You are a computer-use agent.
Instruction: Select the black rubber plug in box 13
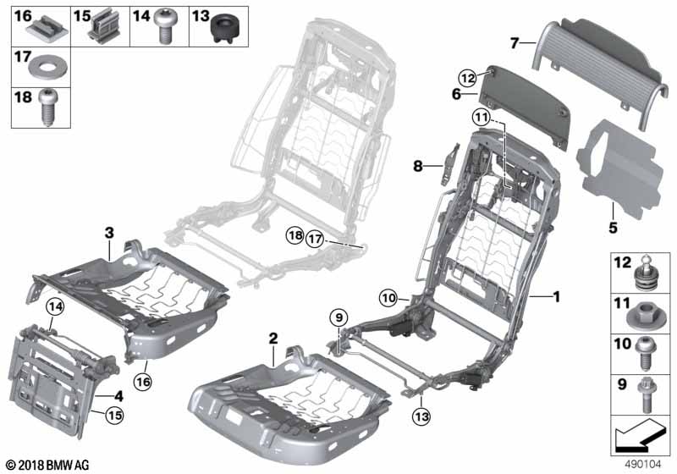coord(224,28)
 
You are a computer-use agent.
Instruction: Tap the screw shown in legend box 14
coord(165,26)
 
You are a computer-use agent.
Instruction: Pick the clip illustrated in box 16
coord(47,30)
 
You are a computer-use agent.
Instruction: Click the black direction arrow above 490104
coord(638,435)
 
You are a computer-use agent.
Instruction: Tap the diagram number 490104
coord(643,465)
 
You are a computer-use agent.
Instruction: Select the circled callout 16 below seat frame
coord(143,382)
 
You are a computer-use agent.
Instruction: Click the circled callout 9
coord(338,318)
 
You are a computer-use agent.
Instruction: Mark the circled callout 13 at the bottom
coord(421,417)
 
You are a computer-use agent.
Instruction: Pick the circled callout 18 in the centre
coord(295,235)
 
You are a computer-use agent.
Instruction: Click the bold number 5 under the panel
coord(613,228)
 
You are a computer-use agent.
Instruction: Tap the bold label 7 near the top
coord(514,43)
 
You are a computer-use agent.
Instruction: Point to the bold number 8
coord(417,166)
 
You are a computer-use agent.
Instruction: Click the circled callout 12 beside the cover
coord(468,78)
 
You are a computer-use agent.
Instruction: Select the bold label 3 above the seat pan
coord(109,233)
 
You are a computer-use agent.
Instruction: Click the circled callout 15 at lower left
coord(114,416)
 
